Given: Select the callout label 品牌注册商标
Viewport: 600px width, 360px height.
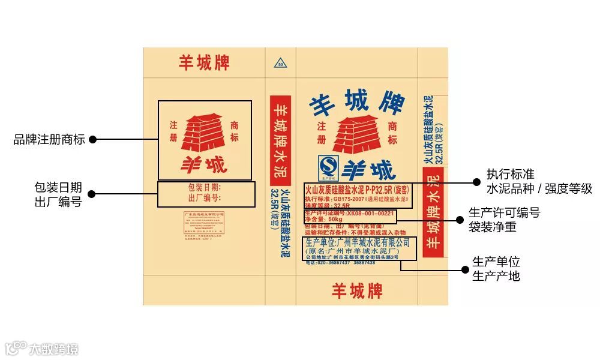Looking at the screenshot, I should (49, 140).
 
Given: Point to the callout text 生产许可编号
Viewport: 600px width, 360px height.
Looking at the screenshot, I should (505, 213).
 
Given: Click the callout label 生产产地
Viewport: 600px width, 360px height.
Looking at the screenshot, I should (496, 276).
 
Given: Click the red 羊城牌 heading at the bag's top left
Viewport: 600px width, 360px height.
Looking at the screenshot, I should (204, 62).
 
